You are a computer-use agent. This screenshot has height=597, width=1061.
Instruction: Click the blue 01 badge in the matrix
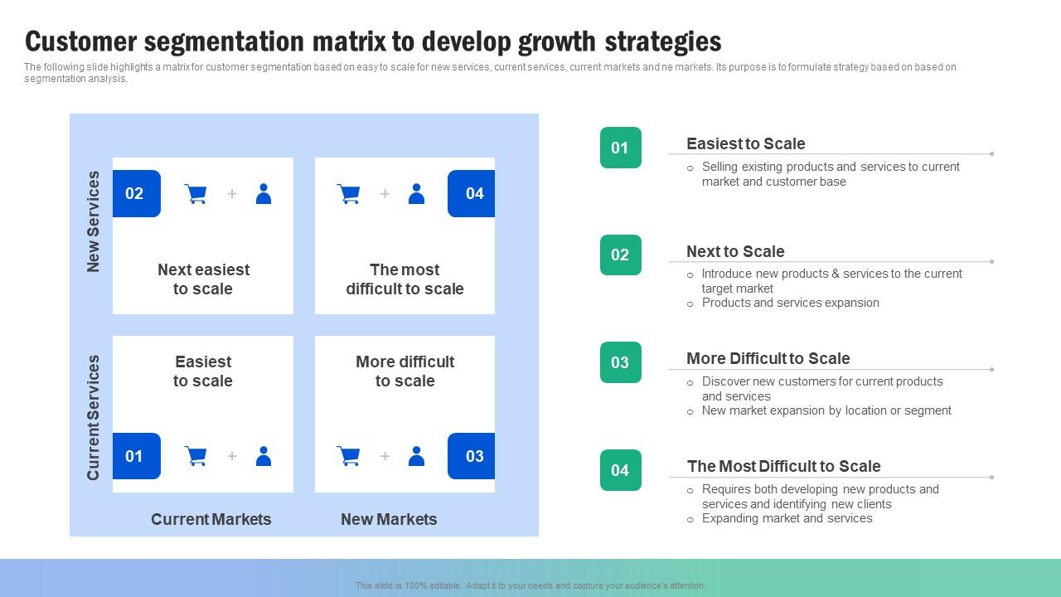coord(137,456)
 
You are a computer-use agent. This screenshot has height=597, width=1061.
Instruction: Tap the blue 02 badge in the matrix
coord(137,193)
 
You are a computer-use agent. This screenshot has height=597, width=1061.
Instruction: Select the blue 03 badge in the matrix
coord(472,456)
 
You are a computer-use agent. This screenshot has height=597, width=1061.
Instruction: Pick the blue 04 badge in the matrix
coord(472,193)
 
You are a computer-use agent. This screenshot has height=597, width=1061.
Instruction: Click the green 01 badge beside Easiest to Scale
coord(621,148)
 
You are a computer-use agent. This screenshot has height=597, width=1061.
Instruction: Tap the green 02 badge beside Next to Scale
coord(621,255)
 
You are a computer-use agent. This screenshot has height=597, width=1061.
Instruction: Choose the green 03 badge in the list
coord(621,362)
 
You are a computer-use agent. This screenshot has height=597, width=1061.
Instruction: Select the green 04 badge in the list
coord(621,470)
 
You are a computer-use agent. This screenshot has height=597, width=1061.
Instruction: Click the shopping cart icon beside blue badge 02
coord(196,194)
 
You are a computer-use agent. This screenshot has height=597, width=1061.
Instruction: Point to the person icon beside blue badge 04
coord(416,194)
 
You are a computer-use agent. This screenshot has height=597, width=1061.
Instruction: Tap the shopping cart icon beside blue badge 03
coord(349,456)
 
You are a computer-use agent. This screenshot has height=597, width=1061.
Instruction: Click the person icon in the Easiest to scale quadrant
coord(264,456)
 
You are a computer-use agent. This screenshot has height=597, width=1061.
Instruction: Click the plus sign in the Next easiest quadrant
coord(232,193)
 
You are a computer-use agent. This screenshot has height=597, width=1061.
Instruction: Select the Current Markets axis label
coord(211,519)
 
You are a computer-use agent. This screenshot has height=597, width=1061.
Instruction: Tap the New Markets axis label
coord(389,519)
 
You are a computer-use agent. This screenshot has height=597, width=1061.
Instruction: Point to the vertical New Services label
coord(94,221)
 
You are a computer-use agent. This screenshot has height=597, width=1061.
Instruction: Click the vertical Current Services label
coord(94,417)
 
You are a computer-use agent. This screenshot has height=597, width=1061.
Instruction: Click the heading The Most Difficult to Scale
coord(784,466)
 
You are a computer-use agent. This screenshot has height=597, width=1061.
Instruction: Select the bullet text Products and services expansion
coord(791,303)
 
